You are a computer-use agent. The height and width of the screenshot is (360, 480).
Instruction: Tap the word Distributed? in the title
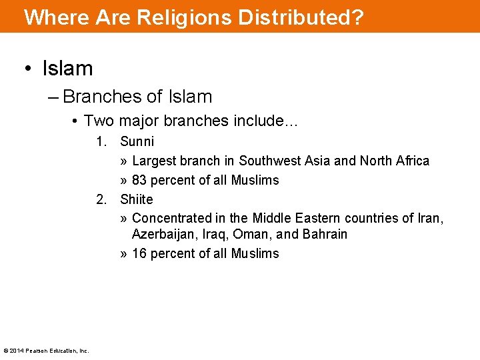click(293, 17)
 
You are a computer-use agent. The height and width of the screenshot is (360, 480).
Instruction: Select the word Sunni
click(137, 141)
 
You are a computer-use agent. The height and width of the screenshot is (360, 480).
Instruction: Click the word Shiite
click(137, 199)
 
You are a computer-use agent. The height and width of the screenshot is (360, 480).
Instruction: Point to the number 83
click(140, 180)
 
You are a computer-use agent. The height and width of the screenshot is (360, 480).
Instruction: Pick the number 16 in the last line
click(140, 253)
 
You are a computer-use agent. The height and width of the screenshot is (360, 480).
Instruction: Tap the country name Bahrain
click(325, 234)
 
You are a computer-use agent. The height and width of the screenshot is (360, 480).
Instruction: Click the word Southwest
click(269, 161)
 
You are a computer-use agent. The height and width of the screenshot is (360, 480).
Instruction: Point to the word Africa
click(412, 161)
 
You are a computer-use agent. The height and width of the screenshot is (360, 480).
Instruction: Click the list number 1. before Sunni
click(101, 141)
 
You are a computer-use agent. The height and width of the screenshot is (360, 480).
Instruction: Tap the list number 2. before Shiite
click(101, 199)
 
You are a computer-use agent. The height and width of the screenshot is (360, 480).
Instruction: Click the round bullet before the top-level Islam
click(28, 69)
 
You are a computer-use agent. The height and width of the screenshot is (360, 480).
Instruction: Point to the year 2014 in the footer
click(15, 351)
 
